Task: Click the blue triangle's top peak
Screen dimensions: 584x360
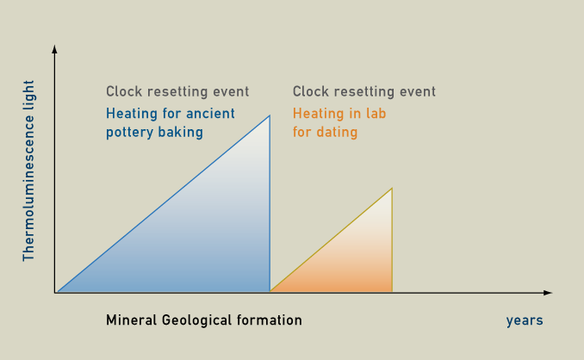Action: pos(270,115)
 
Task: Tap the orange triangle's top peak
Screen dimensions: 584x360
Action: pos(392,189)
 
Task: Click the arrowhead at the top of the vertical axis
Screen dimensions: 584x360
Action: pos(54,49)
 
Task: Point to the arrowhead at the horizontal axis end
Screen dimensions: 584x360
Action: pos(548,293)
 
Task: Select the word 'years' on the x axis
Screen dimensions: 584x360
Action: pos(525,320)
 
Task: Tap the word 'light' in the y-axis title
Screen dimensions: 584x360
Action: pos(28,96)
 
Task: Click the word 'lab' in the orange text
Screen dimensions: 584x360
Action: pos(376,113)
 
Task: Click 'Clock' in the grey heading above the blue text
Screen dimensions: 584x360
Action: pos(124,91)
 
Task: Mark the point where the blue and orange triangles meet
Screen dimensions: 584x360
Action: pos(270,291)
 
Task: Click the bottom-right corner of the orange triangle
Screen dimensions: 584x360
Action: pos(392,291)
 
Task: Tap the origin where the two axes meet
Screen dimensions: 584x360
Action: pos(55,293)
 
